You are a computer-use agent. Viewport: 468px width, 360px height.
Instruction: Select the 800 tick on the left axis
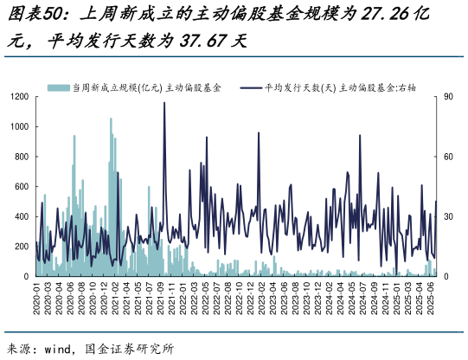(x=21, y=157)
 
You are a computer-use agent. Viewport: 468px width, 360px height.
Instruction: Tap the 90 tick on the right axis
(x=448, y=97)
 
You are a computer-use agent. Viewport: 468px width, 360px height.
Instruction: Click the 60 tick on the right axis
(x=448, y=157)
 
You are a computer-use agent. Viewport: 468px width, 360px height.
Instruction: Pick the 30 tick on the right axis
(x=448, y=216)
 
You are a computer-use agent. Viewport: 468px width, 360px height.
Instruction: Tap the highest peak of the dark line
(x=164, y=103)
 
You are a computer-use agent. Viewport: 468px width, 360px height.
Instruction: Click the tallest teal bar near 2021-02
(x=111, y=119)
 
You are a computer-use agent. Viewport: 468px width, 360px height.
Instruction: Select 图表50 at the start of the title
(x=31, y=16)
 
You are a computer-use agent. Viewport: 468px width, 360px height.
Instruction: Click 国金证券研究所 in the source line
(x=129, y=349)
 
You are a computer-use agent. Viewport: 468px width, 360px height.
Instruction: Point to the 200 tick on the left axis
(x=21, y=247)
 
